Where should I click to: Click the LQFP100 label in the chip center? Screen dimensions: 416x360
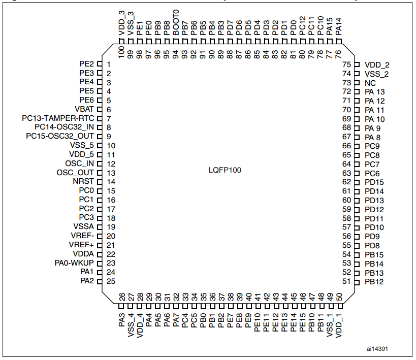(x=225, y=171)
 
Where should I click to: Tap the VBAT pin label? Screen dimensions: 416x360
(x=84, y=110)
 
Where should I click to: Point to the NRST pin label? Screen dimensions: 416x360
(x=83, y=182)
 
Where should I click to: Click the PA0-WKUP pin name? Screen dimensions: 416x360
(x=74, y=263)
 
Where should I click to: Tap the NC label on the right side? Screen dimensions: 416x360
(x=370, y=83)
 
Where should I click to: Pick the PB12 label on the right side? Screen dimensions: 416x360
(x=374, y=281)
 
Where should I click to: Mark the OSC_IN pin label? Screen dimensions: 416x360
(x=80, y=163)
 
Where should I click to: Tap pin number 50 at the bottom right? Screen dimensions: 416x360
(x=339, y=296)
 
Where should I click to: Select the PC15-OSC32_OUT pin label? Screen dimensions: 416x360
(x=60, y=137)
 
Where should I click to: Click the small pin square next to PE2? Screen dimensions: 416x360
(x=100, y=64)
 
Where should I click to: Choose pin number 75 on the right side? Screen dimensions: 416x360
(x=347, y=64)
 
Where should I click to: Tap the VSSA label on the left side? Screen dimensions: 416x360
(x=83, y=227)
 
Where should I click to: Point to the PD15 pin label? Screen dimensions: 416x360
(x=374, y=182)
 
